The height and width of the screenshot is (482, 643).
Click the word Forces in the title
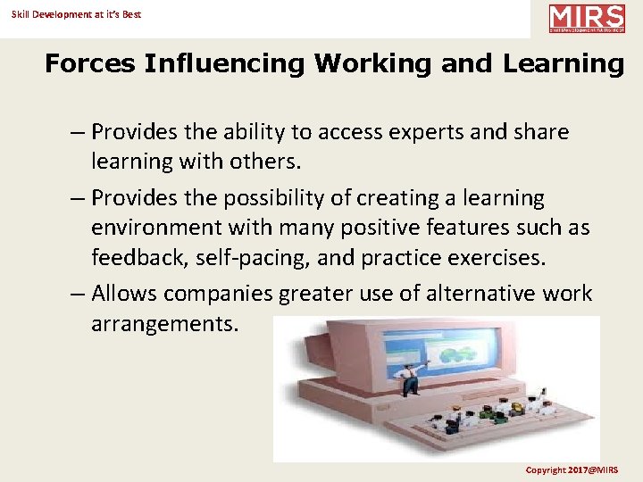(88, 64)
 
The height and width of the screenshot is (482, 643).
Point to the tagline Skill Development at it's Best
(77, 14)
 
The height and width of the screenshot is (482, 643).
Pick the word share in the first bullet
(541, 132)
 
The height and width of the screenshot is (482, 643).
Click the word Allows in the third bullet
(123, 293)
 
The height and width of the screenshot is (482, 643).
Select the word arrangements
(165, 323)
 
